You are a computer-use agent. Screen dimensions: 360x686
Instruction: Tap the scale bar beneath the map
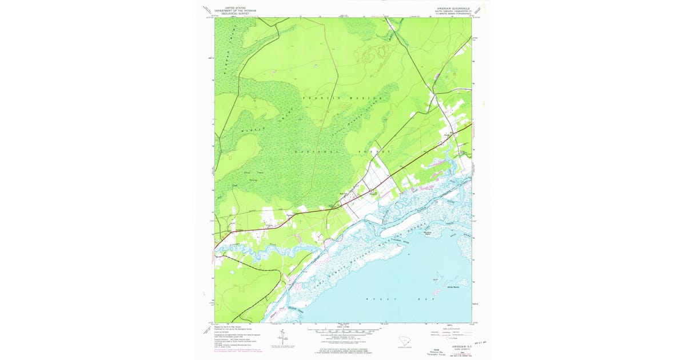[x=343, y=330]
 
